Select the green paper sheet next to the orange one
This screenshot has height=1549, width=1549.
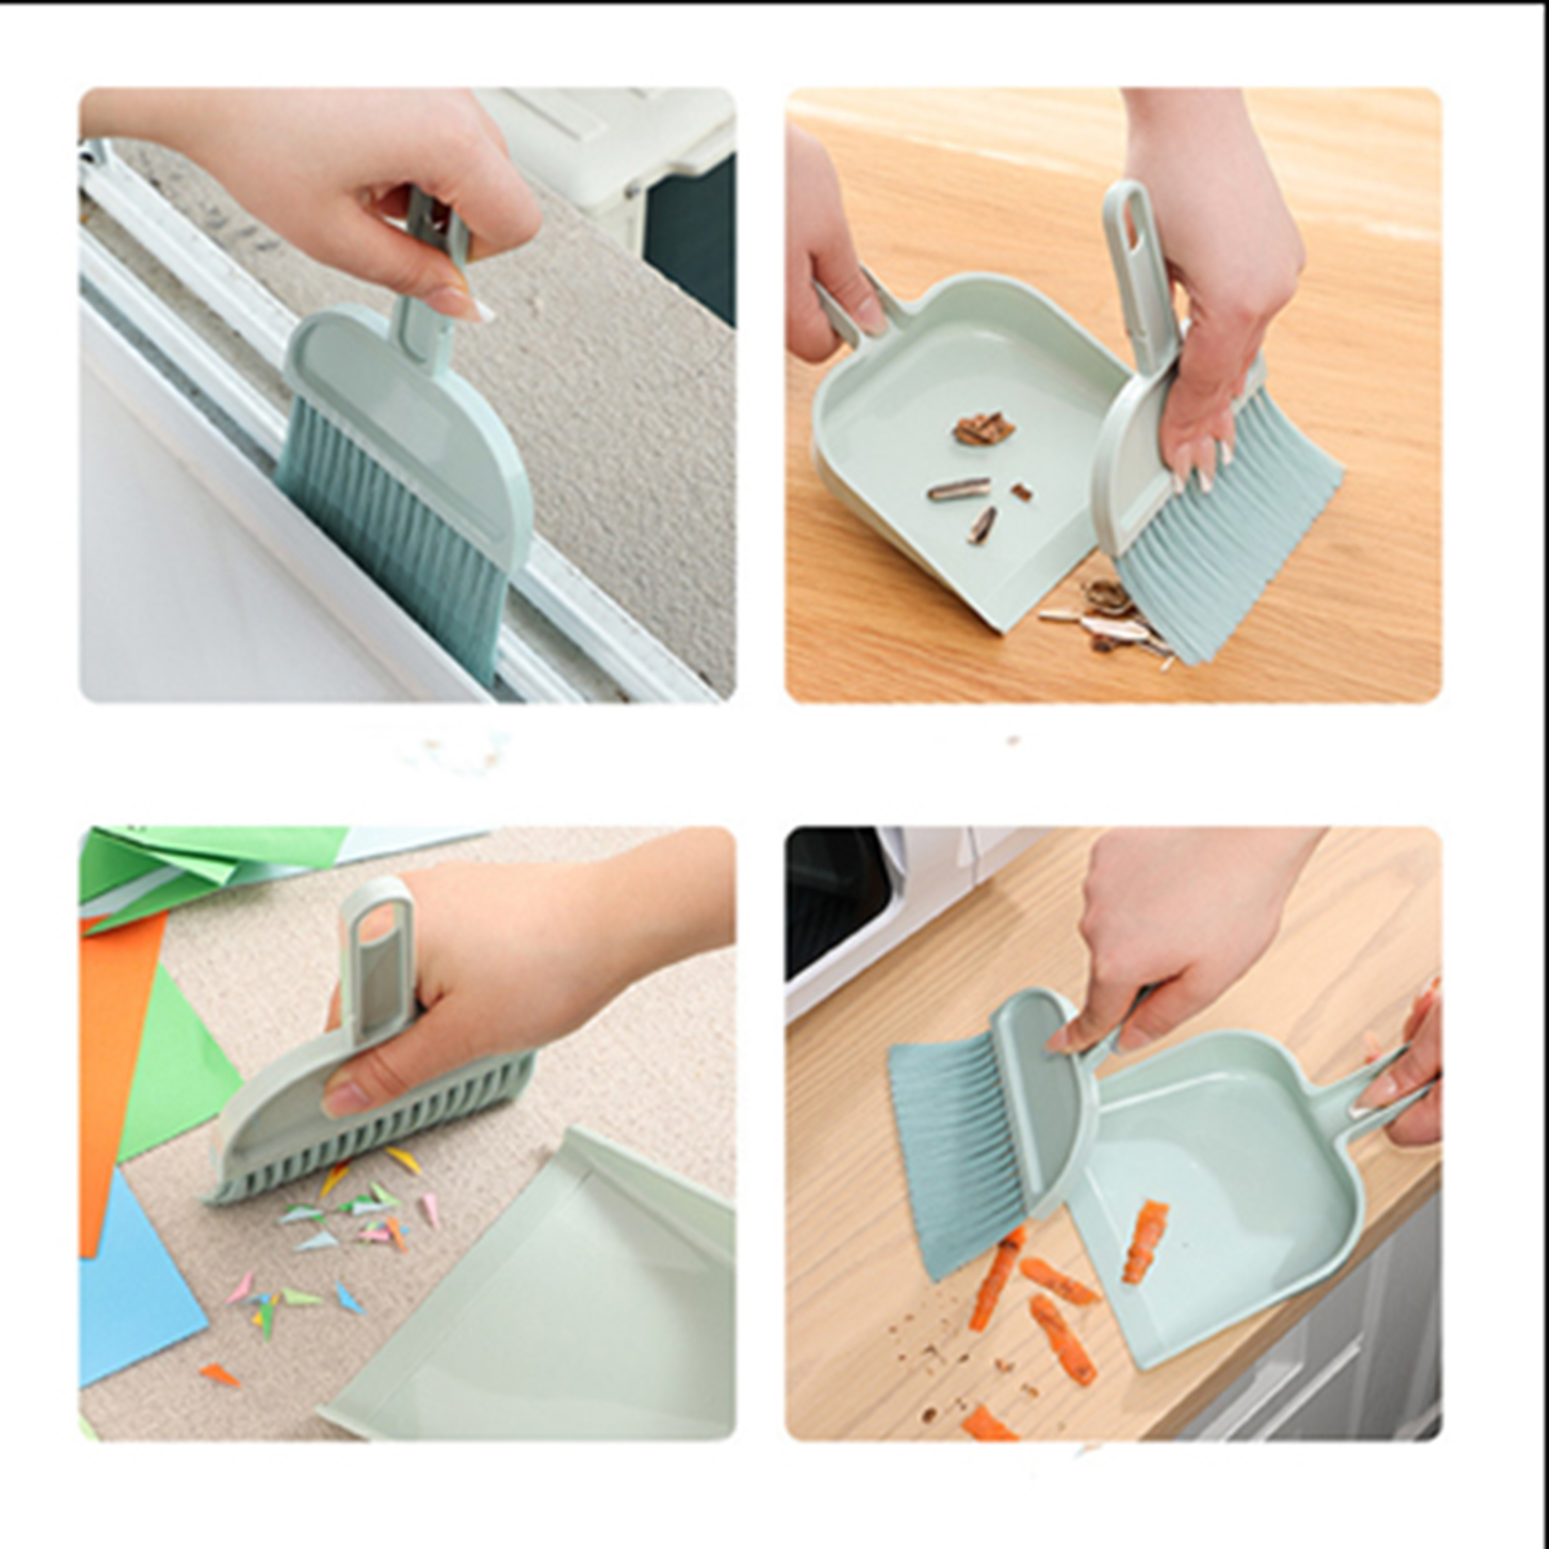coord(177,1066)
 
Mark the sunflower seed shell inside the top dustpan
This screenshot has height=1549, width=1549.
coord(959,488)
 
